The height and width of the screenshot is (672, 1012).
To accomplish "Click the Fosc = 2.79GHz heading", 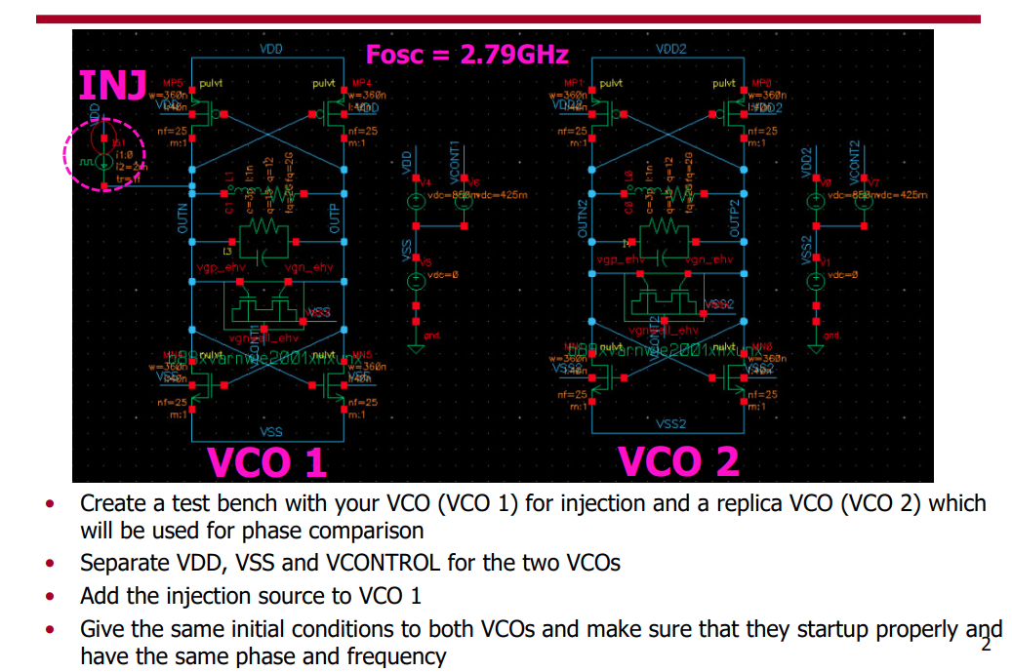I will [x=466, y=54].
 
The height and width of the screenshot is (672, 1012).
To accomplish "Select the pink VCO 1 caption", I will [x=265, y=461].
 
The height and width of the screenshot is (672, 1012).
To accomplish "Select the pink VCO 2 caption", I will [x=678, y=461].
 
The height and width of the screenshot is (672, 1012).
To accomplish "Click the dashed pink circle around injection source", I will [x=104, y=155].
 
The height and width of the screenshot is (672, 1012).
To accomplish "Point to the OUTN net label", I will [x=182, y=218].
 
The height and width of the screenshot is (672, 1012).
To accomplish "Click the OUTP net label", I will [x=335, y=220].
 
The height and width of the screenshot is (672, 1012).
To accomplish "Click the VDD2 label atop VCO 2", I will [x=671, y=49].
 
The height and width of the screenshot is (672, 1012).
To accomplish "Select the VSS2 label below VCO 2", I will [x=671, y=424].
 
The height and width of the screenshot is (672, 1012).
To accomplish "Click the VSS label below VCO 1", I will [x=271, y=431].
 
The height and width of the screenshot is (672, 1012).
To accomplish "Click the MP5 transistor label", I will [x=173, y=84].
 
